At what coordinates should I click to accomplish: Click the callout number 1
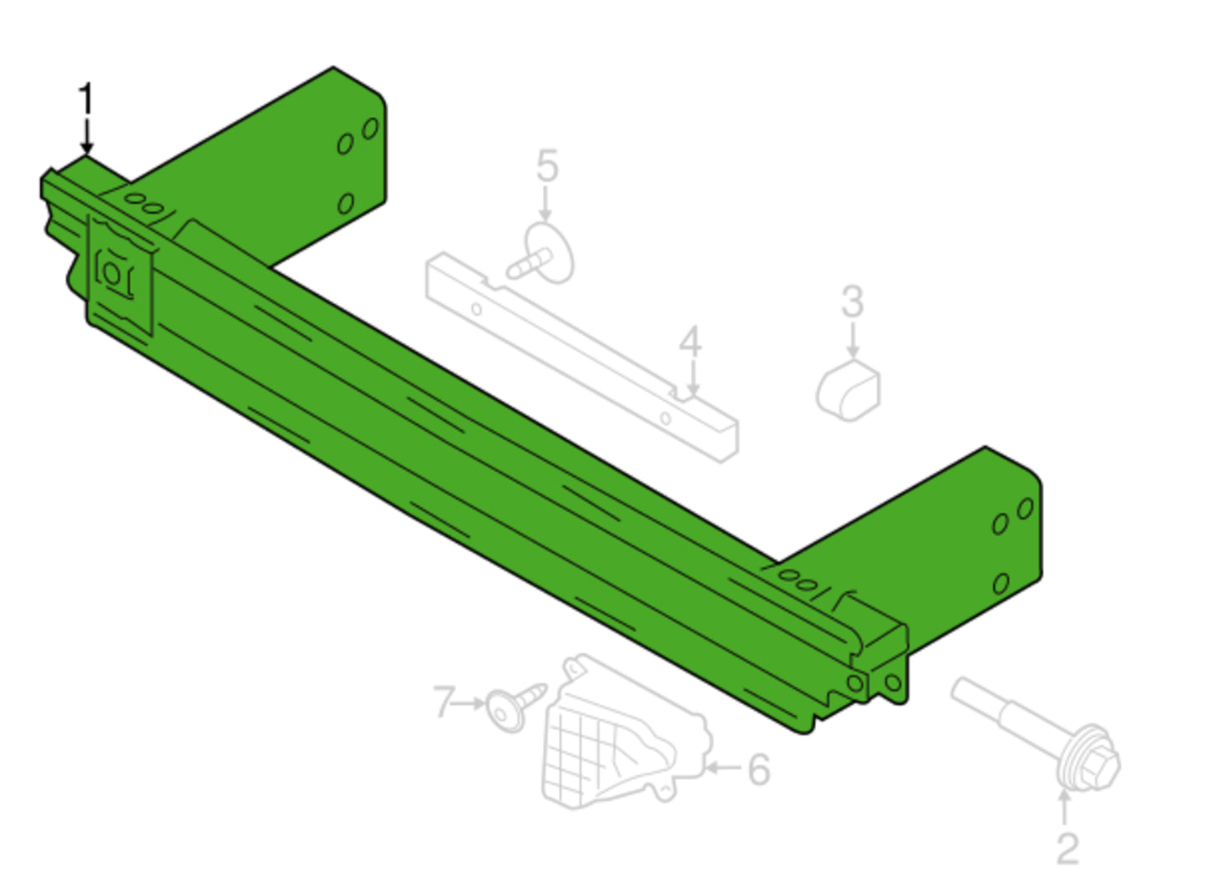click(x=86, y=99)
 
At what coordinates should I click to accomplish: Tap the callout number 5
click(x=547, y=165)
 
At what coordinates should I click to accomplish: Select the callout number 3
click(x=853, y=302)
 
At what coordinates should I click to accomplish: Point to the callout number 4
click(x=691, y=341)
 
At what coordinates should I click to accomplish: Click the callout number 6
click(x=759, y=769)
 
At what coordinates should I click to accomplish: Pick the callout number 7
click(x=444, y=702)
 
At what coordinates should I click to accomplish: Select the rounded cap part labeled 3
click(x=848, y=390)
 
